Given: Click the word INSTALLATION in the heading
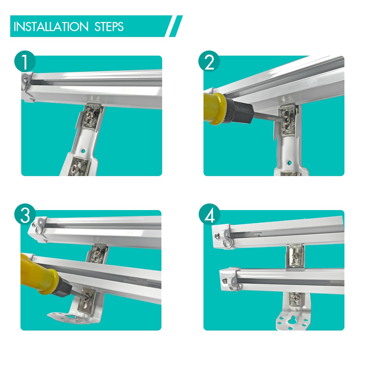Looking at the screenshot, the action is (x=51, y=27).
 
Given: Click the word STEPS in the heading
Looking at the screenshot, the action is (x=109, y=27).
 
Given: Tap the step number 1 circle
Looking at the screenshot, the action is (x=25, y=61).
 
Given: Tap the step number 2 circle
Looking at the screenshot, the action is (x=209, y=61).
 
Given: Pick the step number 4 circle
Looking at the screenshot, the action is (x=209, y=214).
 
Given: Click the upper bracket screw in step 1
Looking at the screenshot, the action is (x=90, y=114).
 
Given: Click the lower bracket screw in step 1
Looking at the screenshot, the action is (x=75, y=168).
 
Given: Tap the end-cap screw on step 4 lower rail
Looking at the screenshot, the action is (x=225, y=281).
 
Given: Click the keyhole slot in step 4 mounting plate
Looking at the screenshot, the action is (x=291, y=321).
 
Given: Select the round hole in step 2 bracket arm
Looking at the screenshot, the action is (x=290, y=162).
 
